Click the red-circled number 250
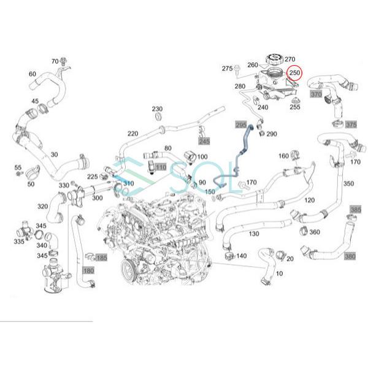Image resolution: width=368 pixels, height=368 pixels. (294, 73)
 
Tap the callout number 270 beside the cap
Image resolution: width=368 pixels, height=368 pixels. (290, 59)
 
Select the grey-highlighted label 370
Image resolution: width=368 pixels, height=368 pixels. (316, 94)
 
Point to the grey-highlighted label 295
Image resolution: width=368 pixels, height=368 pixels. (241, 124)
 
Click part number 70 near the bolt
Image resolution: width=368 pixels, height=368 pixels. (55, 61)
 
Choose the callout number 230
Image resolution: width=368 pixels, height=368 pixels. (157, 108)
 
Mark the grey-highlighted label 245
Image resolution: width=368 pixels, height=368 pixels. (204, 140)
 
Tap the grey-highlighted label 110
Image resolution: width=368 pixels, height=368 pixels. (160, 167)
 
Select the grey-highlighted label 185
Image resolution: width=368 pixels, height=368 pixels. (101, 258)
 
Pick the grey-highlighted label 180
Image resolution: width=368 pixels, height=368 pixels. (88, 270)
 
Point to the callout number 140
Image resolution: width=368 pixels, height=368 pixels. (241, 255)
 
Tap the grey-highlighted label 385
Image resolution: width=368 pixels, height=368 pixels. (355, 210)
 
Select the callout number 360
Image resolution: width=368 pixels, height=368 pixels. (314, 232)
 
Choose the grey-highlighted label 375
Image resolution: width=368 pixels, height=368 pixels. (350, 125)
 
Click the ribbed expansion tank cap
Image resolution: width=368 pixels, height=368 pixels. (273, 61)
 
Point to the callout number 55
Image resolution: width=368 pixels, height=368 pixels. (17, 167)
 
